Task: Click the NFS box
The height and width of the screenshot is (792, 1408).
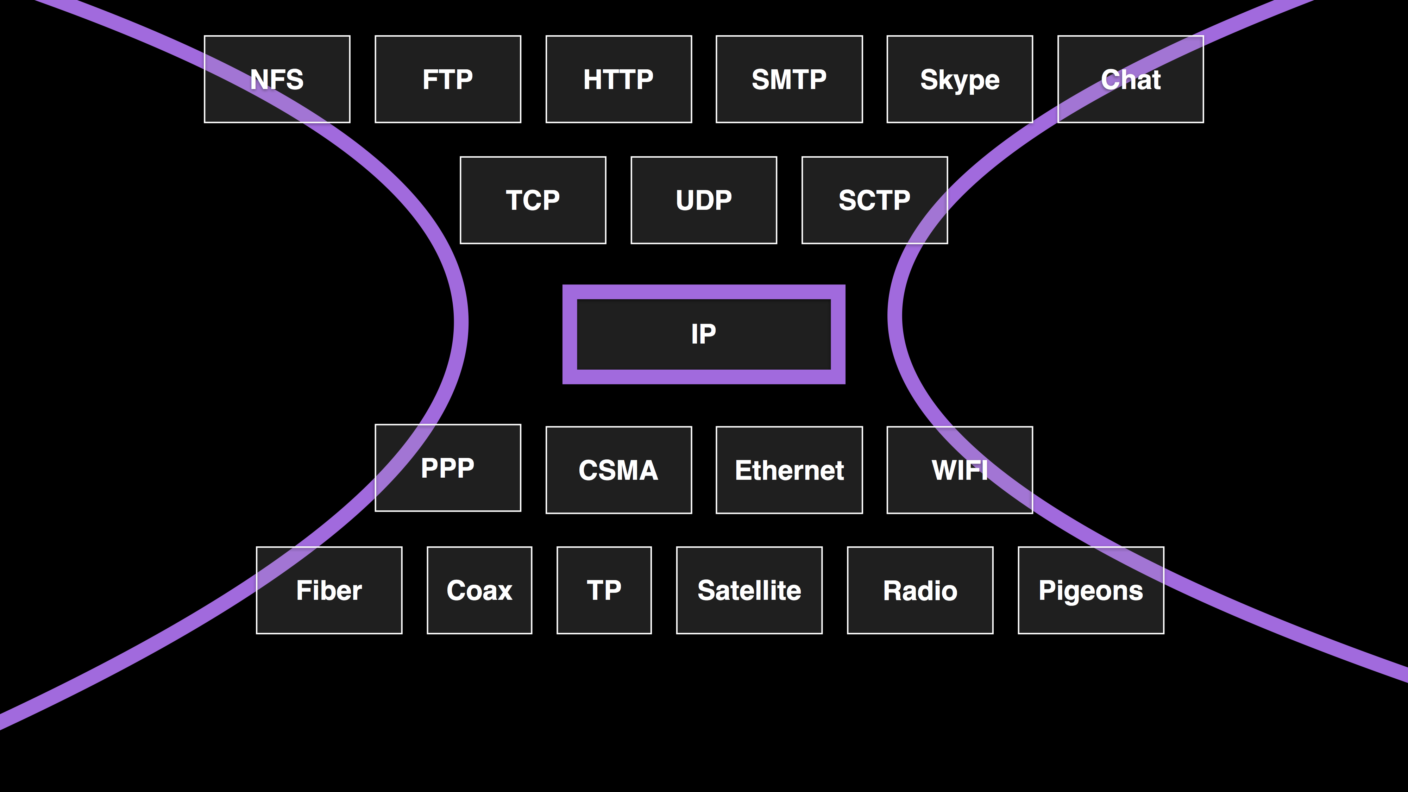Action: coord(277,79)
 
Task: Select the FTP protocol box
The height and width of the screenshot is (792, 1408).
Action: coord(448,79)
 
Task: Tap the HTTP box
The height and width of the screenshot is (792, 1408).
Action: coord(619,79)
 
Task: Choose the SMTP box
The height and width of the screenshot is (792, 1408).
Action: coord(789,79)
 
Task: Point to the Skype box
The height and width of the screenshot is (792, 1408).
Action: coord(960,79)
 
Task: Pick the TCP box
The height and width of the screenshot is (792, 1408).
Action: coord(533,200)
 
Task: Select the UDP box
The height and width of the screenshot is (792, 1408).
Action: coord(704,200)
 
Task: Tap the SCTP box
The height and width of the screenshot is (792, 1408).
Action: coord(874,200)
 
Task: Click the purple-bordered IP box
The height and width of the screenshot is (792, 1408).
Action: coord(704,334)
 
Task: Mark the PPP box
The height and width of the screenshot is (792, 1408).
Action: coord(448,468)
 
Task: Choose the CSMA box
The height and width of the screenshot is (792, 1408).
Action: coord(619,470)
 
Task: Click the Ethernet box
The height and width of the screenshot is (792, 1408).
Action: coord(789,470)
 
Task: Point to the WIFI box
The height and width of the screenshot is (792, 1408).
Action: coord(960,470)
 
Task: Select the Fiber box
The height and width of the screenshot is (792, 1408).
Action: coord(329,590)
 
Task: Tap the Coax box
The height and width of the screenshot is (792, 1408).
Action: coord(479,590)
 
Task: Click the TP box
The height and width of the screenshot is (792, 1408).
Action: coord(604,590)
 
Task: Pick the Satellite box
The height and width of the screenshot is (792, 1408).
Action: coord(749,590)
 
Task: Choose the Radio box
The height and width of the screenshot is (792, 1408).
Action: coord(920,590)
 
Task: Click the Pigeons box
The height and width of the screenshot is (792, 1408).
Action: coord(1091,590)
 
